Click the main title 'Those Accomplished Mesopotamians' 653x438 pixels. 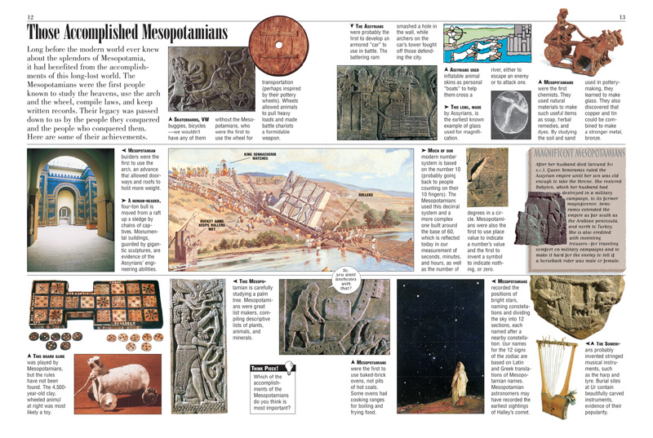pos(127,33)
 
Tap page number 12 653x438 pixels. pos(30,17)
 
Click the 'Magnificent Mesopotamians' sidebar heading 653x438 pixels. pos(579,152)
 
